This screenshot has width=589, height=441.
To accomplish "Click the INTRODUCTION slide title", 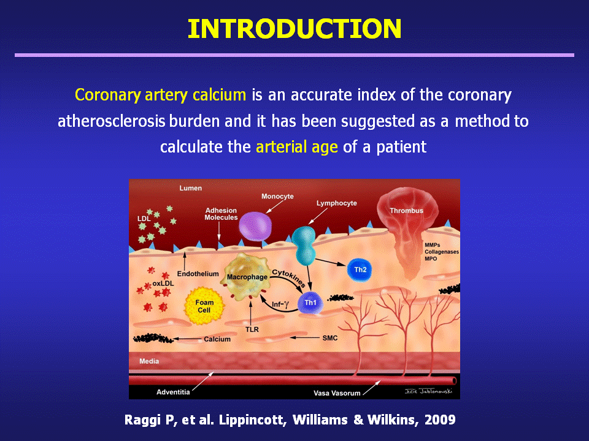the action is (x=294, y=29).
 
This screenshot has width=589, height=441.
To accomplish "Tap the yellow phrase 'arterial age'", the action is (x=297, y=146).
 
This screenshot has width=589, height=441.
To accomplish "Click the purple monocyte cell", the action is (x=255, y=226).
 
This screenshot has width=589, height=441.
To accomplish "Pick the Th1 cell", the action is (x=310, y=303).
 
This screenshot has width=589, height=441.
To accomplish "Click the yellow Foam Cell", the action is (x=204, y=306).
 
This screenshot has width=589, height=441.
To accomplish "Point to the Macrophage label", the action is (x=247, y=277).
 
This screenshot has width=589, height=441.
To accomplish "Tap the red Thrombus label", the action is (x=406, y=210).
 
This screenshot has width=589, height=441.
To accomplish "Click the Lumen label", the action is (x=190, y=188).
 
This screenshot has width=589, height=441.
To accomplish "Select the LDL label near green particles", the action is (x=144, y=219).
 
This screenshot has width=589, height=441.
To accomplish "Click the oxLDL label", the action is (x=163, y=284).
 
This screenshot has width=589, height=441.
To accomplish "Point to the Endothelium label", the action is (x=198, y=274).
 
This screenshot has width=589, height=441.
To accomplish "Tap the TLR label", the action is (x=252, y=330).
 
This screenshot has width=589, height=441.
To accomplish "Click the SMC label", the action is (x=330, y=338).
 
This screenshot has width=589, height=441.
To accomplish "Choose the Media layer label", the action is (x=149, y=361).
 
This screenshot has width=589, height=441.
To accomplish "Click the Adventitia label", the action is (x=173, y=392).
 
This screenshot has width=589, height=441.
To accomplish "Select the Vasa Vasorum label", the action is (x=337, y=393).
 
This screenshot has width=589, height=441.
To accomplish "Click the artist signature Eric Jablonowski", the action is (x=429, y=391).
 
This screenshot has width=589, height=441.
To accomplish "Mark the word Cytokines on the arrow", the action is (x=288, y=278).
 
